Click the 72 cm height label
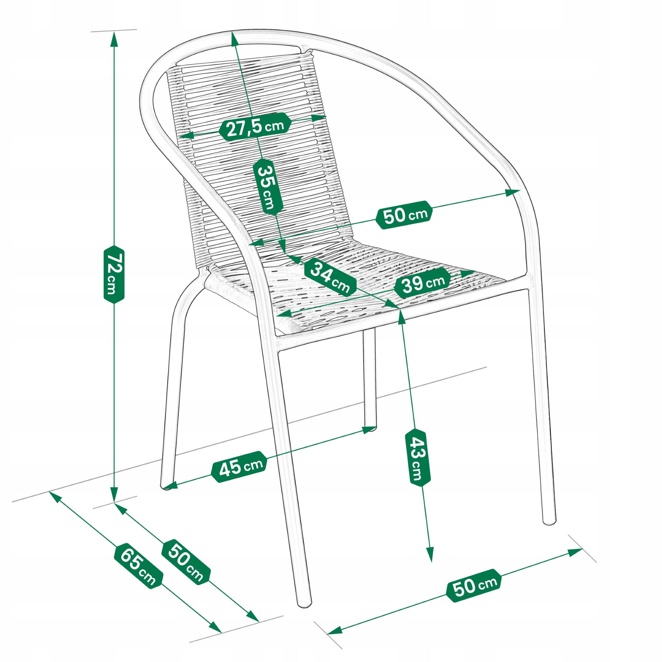coord(114,274)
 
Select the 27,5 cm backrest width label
coord(255,126)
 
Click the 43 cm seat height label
coord(418,458)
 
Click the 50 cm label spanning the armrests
coord(404,215)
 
